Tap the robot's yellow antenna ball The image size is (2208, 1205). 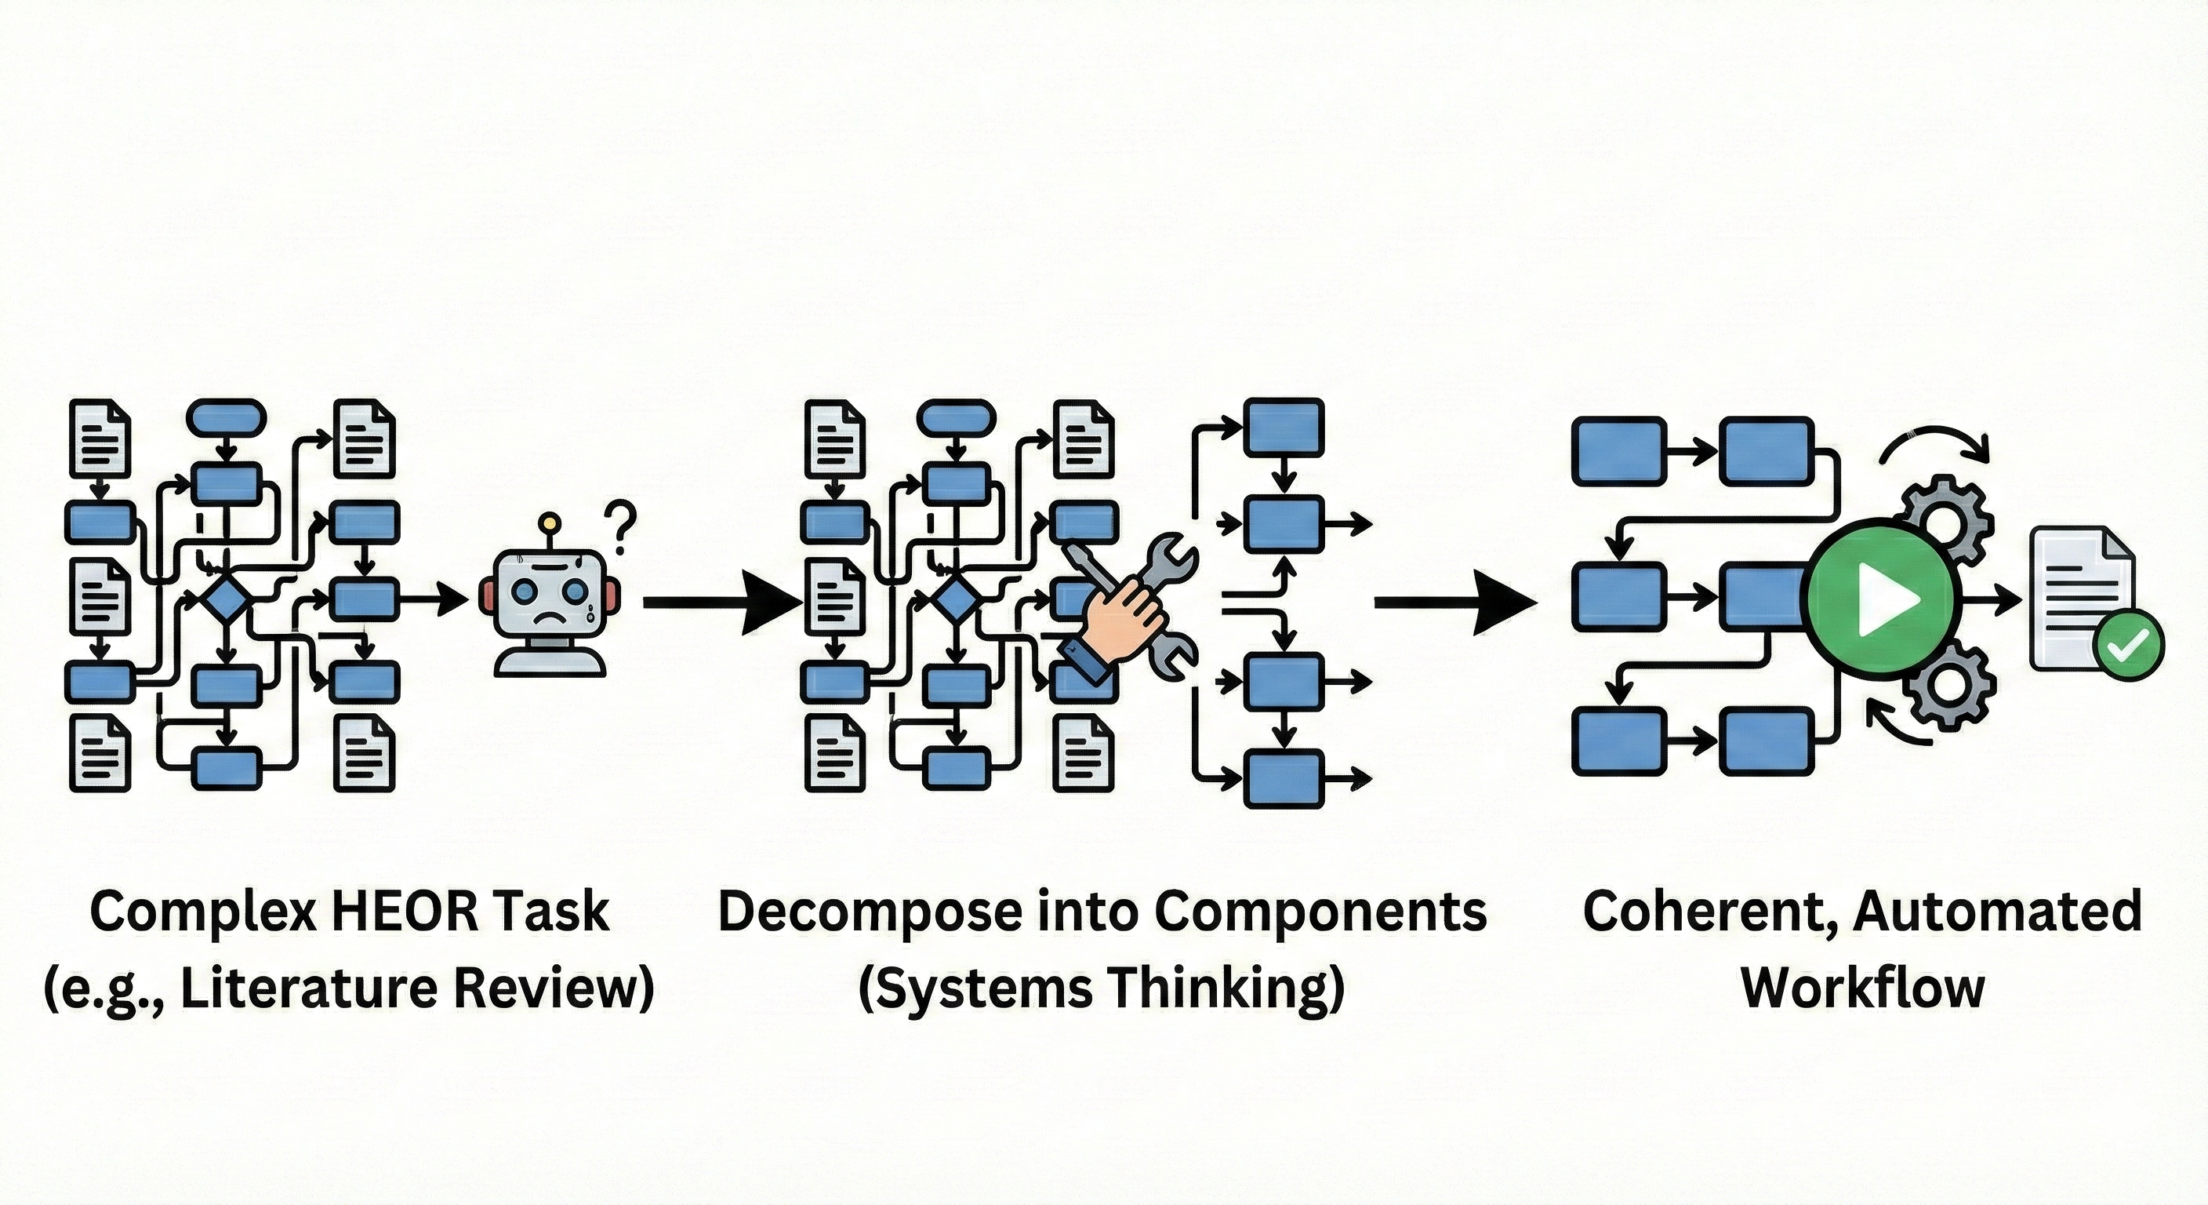point(549,522)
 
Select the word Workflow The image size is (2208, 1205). point(1862,987)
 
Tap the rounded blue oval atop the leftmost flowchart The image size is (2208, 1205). point(226,417)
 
